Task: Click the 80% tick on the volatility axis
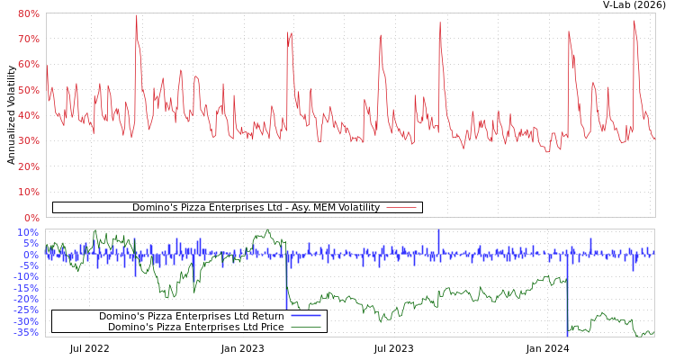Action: [x=28, y=13]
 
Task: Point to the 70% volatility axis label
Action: [x=28, y=39]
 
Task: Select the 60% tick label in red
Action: [x=28, y=65]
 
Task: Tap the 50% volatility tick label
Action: [x=28, y=90]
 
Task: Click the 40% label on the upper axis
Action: [x=28, y=115]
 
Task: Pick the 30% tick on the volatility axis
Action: [x=28, y=141]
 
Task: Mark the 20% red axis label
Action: [x=28, y=166]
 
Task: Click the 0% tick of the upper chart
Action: [x=31, y=218]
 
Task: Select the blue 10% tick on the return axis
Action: [x=28, y=232]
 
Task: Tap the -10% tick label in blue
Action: [x=26, y=276]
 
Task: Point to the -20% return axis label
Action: [x=26, y=299]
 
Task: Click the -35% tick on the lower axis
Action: [x=26, y=332]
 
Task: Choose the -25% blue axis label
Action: [x=26, y=310]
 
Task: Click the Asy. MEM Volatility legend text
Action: [x=256, y=207]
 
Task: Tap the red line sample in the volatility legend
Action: [x=401, y=207]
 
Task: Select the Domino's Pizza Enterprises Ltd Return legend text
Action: [x=191, y=316]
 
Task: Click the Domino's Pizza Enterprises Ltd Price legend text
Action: [x=195, y=327]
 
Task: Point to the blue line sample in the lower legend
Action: [x=306, y=316]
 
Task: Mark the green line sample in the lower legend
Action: [x=306, y=327]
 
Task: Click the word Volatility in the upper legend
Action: [x=356, y=207]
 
